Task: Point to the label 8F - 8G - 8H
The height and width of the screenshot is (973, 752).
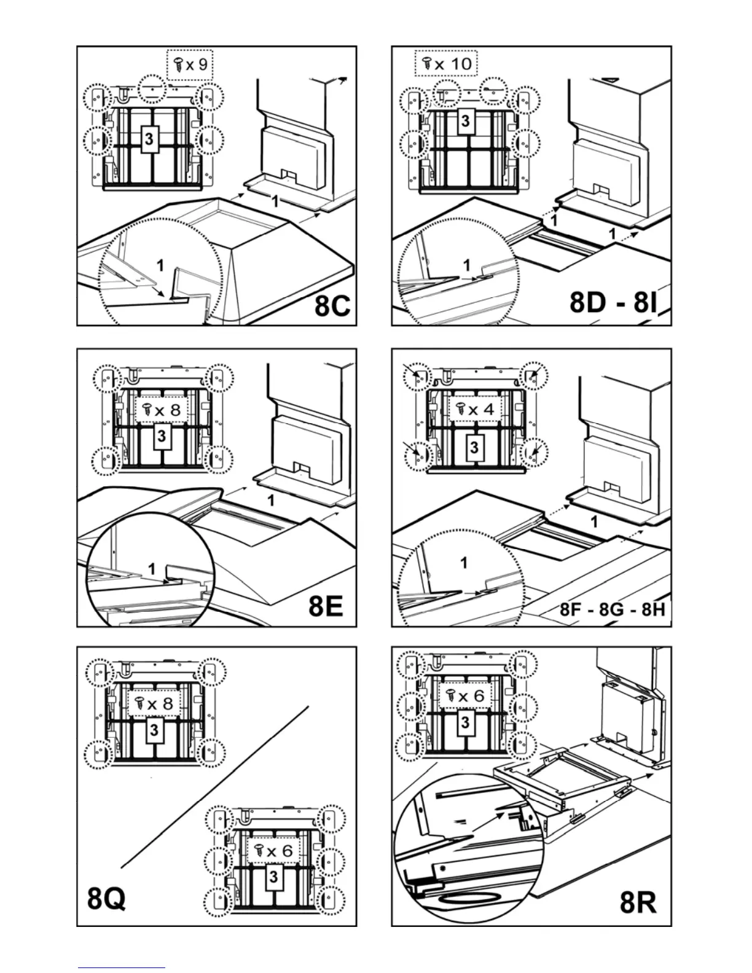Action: (x=613, y=610)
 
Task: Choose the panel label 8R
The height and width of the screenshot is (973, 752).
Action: (x=638, y=902)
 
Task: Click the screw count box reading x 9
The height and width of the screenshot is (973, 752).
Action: (x=190, y=64)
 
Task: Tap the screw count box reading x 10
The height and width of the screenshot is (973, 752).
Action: (x=446, y=63)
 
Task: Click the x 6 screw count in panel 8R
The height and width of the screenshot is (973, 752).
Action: (x=465, y=696)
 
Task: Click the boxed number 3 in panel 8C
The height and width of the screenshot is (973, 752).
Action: (x=149, y=139)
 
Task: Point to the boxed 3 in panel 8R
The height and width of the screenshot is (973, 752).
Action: (x=465, y=722)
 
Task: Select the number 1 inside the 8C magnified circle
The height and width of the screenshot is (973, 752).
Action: (x=160, y=265)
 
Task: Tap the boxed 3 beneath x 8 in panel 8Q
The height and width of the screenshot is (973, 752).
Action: (x=154, y=730)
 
